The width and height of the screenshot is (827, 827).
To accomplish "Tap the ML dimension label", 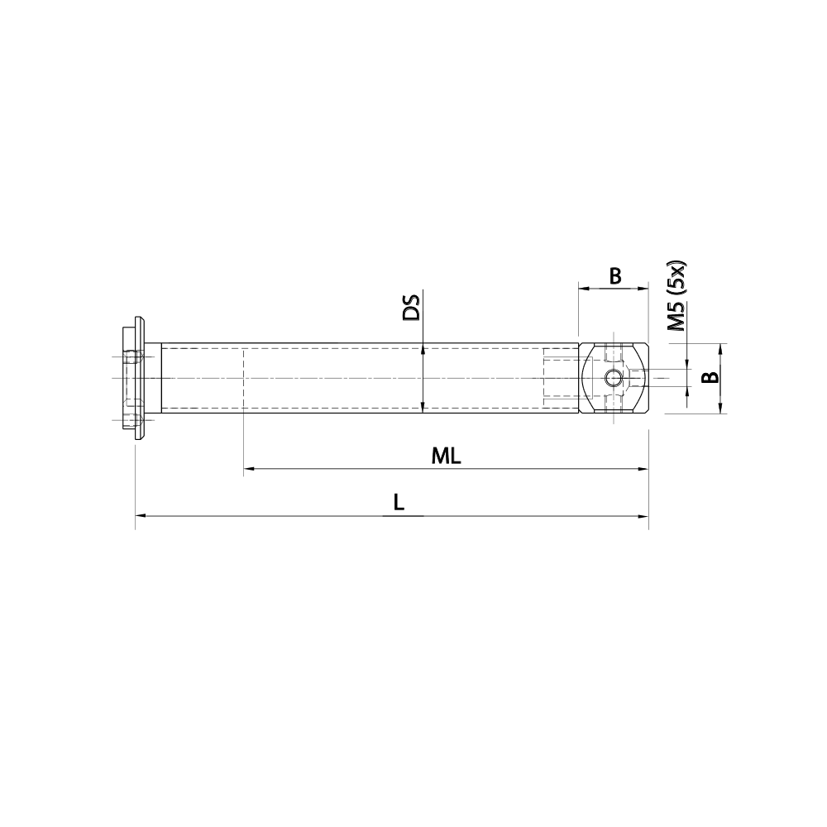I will click(446, 456).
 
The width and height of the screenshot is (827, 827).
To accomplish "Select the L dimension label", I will click(399, 502).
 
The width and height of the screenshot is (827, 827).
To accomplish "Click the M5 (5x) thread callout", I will click(677, 297).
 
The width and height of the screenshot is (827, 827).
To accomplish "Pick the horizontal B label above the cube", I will click(614, 276).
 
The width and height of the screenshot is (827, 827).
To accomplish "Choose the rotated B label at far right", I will click(709, 378).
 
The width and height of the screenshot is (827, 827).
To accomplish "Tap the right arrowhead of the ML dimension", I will click(643, 470).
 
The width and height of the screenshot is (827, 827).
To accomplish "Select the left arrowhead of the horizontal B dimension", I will click(583, 289).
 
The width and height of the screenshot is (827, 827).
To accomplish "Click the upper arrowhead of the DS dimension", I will click(423, 349).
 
